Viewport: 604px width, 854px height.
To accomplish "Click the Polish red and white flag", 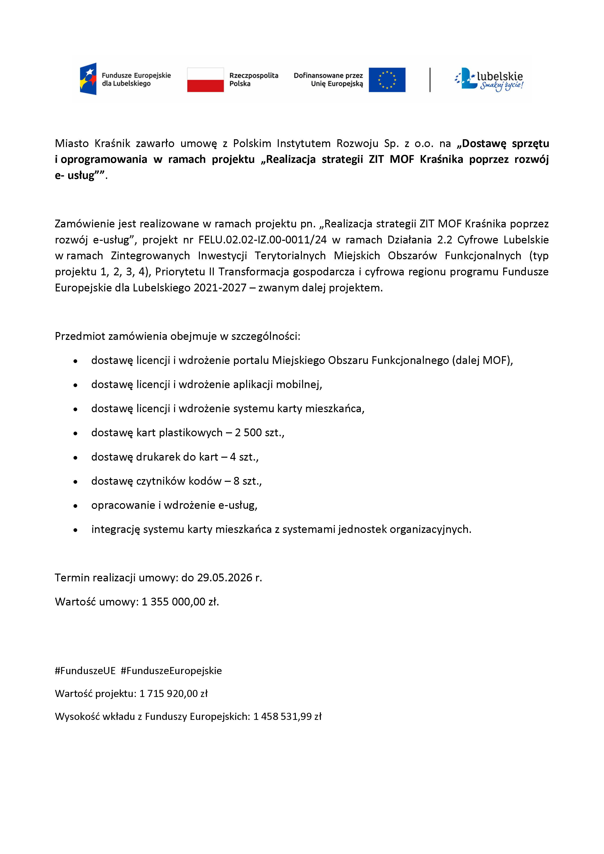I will tap(205, 80).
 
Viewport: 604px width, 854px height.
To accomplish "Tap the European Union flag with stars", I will tap(387, 80).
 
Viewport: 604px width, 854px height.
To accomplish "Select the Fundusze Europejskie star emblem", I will tap(88, 79).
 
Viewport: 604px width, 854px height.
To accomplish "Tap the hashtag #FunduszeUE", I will tap(85, 671).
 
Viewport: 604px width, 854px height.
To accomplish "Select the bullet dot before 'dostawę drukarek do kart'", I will tap(75, 457).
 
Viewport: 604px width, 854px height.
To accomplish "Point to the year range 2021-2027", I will tap(220, 288).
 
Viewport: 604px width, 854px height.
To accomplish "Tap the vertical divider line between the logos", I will tap(430, 80).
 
